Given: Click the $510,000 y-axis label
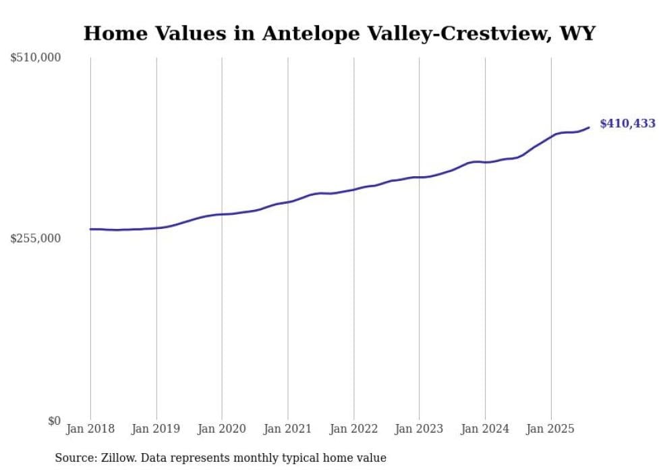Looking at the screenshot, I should tap(36, 58).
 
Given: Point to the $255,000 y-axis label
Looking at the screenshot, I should tap(36, 238).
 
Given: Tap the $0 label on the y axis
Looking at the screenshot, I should tap(53, 421).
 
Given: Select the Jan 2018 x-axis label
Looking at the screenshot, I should tap(90, 429).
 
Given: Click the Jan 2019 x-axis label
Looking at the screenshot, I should tap(156, 429).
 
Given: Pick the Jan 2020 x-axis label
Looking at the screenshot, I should tap(222, 429).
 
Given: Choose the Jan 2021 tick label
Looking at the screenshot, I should tap(288, 429).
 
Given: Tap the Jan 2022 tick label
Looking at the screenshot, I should tap(353, 429).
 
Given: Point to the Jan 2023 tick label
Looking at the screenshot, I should tap(419, 429).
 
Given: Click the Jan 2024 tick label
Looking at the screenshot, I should tap(485, 429).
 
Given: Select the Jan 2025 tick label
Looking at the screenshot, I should tap(550, 429).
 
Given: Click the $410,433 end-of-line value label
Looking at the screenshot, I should tap(627, 124).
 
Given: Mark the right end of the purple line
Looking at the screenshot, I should tap(590, 127).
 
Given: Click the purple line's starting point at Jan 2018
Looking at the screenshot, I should tap(90, 229).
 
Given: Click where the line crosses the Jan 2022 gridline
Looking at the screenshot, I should tap(353, 189).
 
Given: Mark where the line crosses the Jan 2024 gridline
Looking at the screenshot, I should tap(485, 162).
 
